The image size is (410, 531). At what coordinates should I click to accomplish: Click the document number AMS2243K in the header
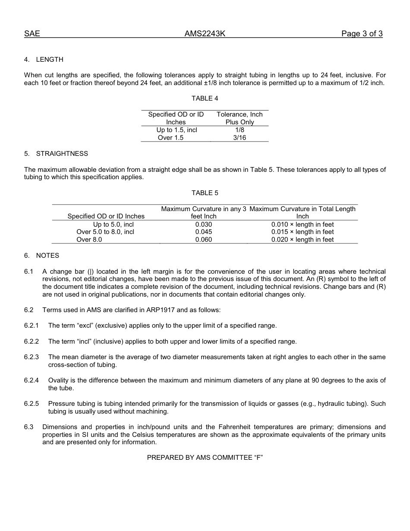click(205, 34)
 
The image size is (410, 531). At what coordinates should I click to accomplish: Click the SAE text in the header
click(32, 34)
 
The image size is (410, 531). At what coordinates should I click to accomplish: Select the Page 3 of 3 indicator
click(362, 34)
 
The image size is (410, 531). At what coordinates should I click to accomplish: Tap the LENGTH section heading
click(50, 60)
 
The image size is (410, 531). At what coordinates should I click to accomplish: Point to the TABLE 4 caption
click(205, 98)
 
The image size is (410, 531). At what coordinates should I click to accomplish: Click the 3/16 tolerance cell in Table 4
click(240, 138)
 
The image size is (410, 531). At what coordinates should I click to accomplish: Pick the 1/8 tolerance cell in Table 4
click(240, 130)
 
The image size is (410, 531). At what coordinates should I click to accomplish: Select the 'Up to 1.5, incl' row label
click(177, 130)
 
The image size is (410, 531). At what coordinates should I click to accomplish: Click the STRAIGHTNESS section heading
click(62, 154)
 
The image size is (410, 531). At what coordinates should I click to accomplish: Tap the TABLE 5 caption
click(205, 193)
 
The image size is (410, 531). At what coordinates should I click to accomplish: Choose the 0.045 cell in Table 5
click(204, 232)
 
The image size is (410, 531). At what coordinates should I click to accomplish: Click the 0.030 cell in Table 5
click(204, 224)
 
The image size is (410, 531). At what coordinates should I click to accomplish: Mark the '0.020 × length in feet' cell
click(302, 240)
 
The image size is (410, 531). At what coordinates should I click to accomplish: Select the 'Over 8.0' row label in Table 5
click(89, 240)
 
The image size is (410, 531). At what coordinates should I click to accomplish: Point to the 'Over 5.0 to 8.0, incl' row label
click(105, 232)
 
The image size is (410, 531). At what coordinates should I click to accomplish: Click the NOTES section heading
click(47, 256)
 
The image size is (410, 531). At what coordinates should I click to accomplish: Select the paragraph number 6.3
click(29, 427)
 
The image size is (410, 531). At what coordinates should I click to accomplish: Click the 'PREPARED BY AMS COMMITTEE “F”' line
click(205, 458)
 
